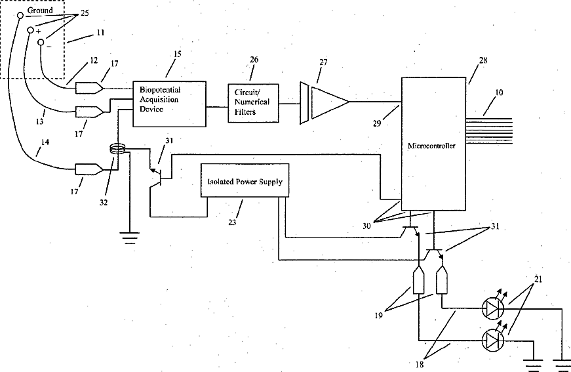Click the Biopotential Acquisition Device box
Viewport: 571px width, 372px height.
click(x=169, y=104)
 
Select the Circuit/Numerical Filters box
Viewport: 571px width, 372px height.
click(x=254, y=103)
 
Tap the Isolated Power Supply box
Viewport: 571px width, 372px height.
click(x=245, y=180)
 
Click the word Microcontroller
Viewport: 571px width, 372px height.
click(x=431, y=146)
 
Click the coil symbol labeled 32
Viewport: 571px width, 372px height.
click(x=117, y=148)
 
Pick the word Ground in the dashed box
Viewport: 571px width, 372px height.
click(x=40, y=10)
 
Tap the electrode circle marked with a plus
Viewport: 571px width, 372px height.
click(x=31, y=30)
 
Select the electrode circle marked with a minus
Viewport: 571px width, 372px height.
click(x=41, y=42)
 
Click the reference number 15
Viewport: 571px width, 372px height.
click(x=178, y=54)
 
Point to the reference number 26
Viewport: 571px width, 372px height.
click(x=254, y=60)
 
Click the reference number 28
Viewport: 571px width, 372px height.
click(x=483, y=60)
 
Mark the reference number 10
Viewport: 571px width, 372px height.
click(x=499, y=93)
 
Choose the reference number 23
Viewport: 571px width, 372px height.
click(x=232, y=222)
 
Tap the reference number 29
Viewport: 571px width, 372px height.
click(x=377, y=123)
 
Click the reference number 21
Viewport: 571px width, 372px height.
click(x=538, y=279)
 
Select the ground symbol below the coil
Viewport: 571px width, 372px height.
click(x=130, y=238)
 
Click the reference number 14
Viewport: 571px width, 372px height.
click(x=45, y=142)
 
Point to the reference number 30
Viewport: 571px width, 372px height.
click(x=366, y=226)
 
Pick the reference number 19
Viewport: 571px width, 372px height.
click(x=379, y=315)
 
